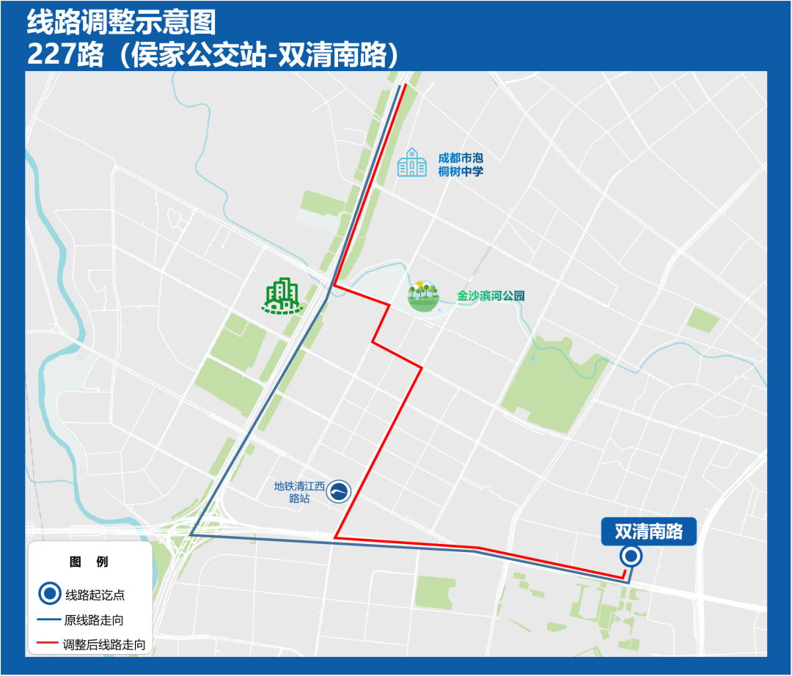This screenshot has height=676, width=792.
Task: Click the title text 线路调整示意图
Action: point(122,22)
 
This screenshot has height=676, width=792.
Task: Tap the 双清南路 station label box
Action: point(648,532)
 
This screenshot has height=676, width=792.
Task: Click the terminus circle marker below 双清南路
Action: point(631,557)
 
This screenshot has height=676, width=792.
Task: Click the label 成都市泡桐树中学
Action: point(461,164)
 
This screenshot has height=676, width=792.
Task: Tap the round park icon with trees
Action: point(424,296)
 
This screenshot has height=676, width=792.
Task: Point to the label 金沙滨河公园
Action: point(491,296)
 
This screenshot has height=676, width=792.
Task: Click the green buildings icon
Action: point(283,297)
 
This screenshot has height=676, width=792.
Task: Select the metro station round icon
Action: point(339,491)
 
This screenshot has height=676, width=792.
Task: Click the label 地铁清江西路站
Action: point(299,491)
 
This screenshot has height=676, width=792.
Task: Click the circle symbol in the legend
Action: point(49,594)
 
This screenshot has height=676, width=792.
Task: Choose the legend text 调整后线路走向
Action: point(104,645)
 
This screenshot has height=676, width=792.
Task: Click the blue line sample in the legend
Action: point(48,620)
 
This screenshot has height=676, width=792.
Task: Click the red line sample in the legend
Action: point(48,645)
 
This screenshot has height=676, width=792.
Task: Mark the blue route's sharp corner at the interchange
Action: point(191,535)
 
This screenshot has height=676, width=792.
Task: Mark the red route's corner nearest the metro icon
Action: point(335,537)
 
